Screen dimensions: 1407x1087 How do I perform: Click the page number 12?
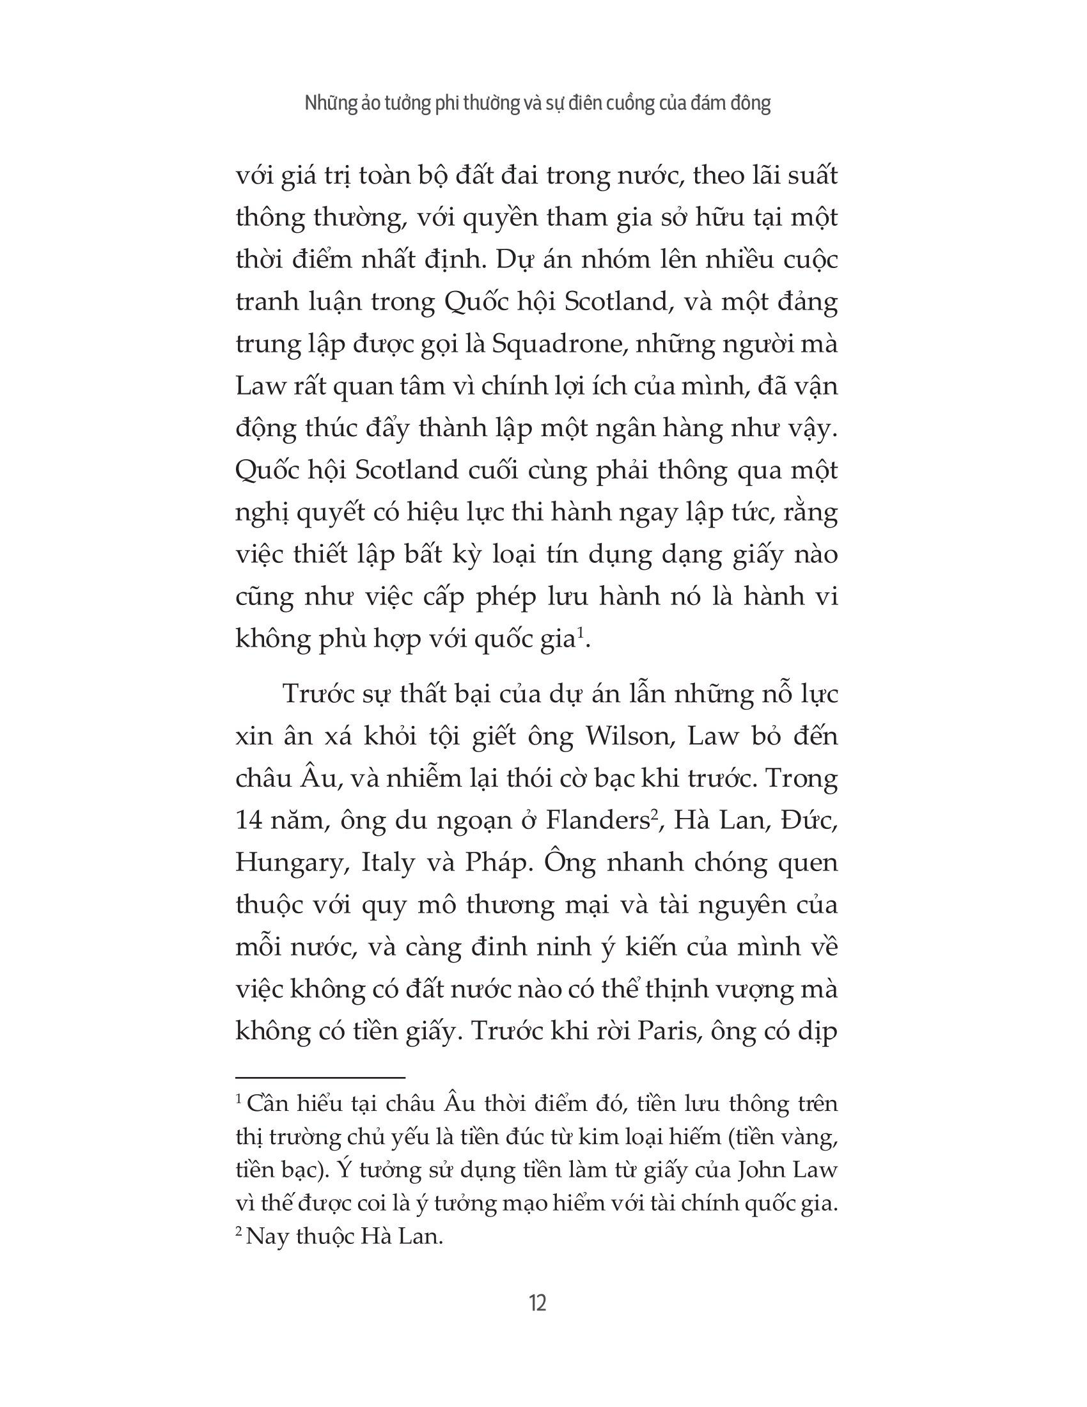[x=537, y=1303]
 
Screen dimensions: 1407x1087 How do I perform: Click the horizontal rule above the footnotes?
[x=320, y=1078]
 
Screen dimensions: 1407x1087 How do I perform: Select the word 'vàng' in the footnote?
[x=814, y=1136]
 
